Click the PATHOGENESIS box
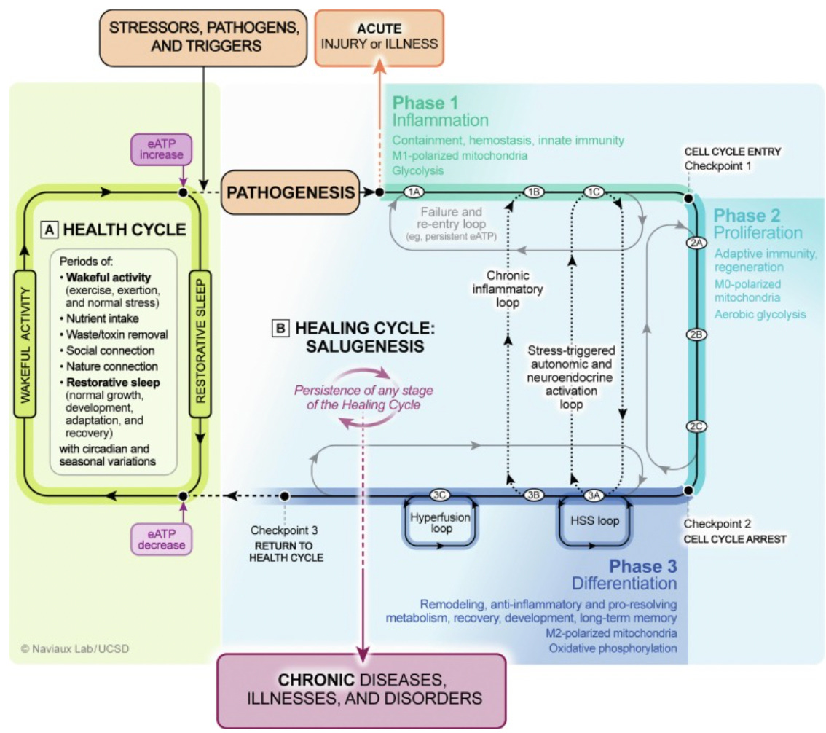(x=290, y=192)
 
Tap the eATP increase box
(x=161, y=149)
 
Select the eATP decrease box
(x=161, y=539)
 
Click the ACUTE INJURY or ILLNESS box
(x=379, y=38)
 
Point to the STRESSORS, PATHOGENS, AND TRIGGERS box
(x=203, y=38)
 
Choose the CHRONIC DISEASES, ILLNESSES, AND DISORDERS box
(x=362, y=691)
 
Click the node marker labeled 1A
(x=414, y=192)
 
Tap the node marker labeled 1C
(x=594, y=192)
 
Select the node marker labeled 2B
(x=696, y=334)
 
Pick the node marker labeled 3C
(x=439, y=495)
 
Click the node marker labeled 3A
(x=594, y=495)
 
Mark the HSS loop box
(x=595, y=520)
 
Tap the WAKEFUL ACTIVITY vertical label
(x=25, y=344)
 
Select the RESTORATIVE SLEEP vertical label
(x=200, y=344)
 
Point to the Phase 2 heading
(x=747, y=216)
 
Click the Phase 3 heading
(x=642, y=566)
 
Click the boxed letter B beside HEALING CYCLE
(x=280, y=329)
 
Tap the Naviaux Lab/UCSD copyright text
(x=75, y=648)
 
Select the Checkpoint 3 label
(x=284, y=530)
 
